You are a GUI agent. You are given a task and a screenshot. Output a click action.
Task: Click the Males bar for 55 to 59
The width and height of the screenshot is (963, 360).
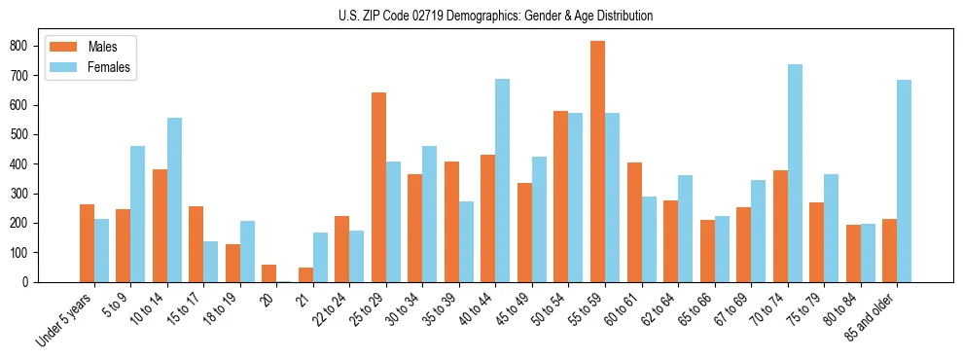pyautogui.click(x=597, y=162)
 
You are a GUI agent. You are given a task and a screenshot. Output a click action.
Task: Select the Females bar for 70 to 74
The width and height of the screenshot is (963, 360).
pyautogui.click(x=795, y=173)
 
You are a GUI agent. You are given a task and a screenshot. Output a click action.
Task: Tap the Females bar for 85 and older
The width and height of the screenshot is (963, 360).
pyautogui.click(x=904, y=181)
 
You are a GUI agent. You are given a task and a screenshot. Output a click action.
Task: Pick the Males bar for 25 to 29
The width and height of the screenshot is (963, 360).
pyautogui.click(x=378, y=187)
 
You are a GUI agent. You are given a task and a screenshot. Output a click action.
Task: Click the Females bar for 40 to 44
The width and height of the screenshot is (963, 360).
pyautogui.click(x=502, y=180)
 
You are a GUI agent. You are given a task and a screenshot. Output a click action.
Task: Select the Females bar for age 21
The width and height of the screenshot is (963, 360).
pyautogui.click(x=320, y=258)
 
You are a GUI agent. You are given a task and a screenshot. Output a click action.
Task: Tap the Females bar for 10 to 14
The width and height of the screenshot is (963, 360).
pyautogui.click(x=174, y=199)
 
